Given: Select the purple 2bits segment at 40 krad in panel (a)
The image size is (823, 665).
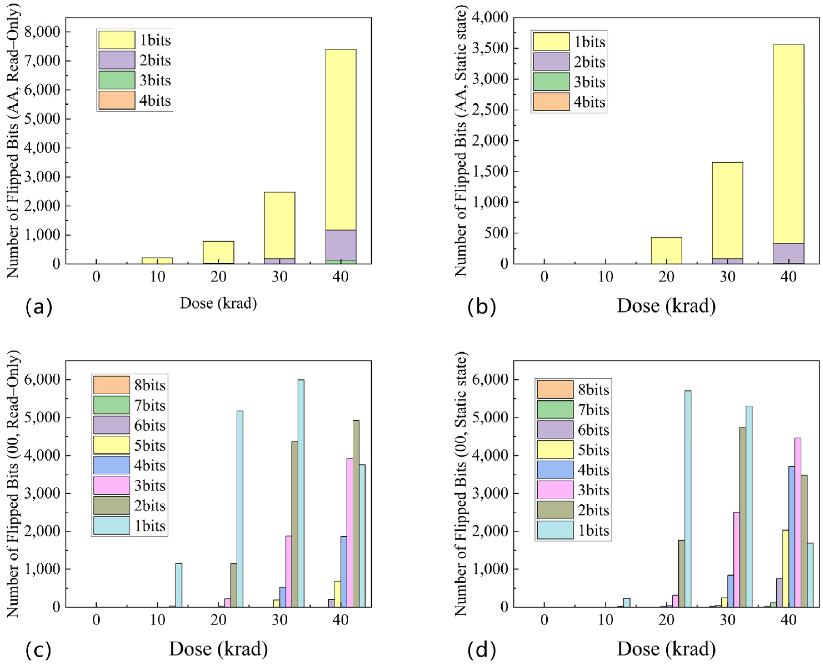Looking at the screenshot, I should pyautogui.click(x=341, y=245).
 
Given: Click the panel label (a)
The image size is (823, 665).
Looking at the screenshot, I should pyautogui.click(x=38, y=307).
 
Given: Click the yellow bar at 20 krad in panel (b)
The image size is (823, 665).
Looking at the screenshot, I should pyautogui.click(x=666, y=250).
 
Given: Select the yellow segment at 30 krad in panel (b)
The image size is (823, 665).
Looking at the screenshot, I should pyautogui.click(x=727, y=210).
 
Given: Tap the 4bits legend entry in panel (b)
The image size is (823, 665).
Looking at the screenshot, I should pyautogui.click(x=569, y=102).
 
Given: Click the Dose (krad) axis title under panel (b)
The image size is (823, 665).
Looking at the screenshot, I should pyautogui.click(x=666, y=306).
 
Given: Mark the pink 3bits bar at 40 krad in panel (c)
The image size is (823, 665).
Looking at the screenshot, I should pyautogui.click(x=350, y=533).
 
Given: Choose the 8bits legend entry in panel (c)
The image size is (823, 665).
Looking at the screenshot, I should pyautogui.click(x=129, y=385).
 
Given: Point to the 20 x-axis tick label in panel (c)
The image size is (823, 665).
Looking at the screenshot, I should pyautogui.click(x=218, y=620).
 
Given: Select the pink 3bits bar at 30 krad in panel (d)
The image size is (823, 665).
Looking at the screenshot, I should pyautogui.click(x=736, y=559).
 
